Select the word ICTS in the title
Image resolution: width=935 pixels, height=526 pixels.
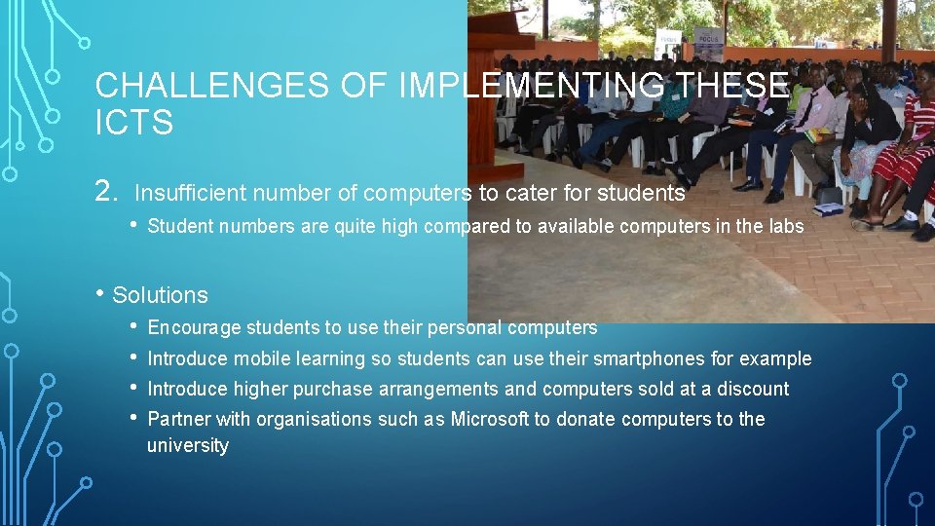[133, 124]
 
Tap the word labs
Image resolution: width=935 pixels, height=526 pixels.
[787, 226]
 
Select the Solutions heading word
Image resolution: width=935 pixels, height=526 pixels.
[160, 295]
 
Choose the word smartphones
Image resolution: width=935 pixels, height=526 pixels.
[608, 358]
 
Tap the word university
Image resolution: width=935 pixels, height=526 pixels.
[188, 445]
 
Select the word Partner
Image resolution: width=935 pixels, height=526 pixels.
[178, 419]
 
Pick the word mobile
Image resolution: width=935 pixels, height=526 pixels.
[261, 358]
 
